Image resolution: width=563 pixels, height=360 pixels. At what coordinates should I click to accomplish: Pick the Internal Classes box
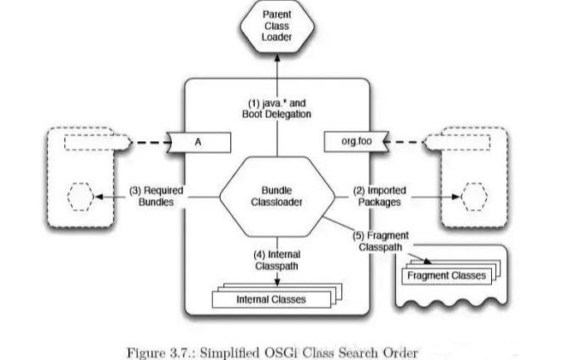[270, 299]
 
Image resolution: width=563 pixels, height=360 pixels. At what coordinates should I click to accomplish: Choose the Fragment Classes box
[446, 275]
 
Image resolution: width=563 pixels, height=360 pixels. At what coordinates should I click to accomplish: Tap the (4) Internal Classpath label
[276, 260]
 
